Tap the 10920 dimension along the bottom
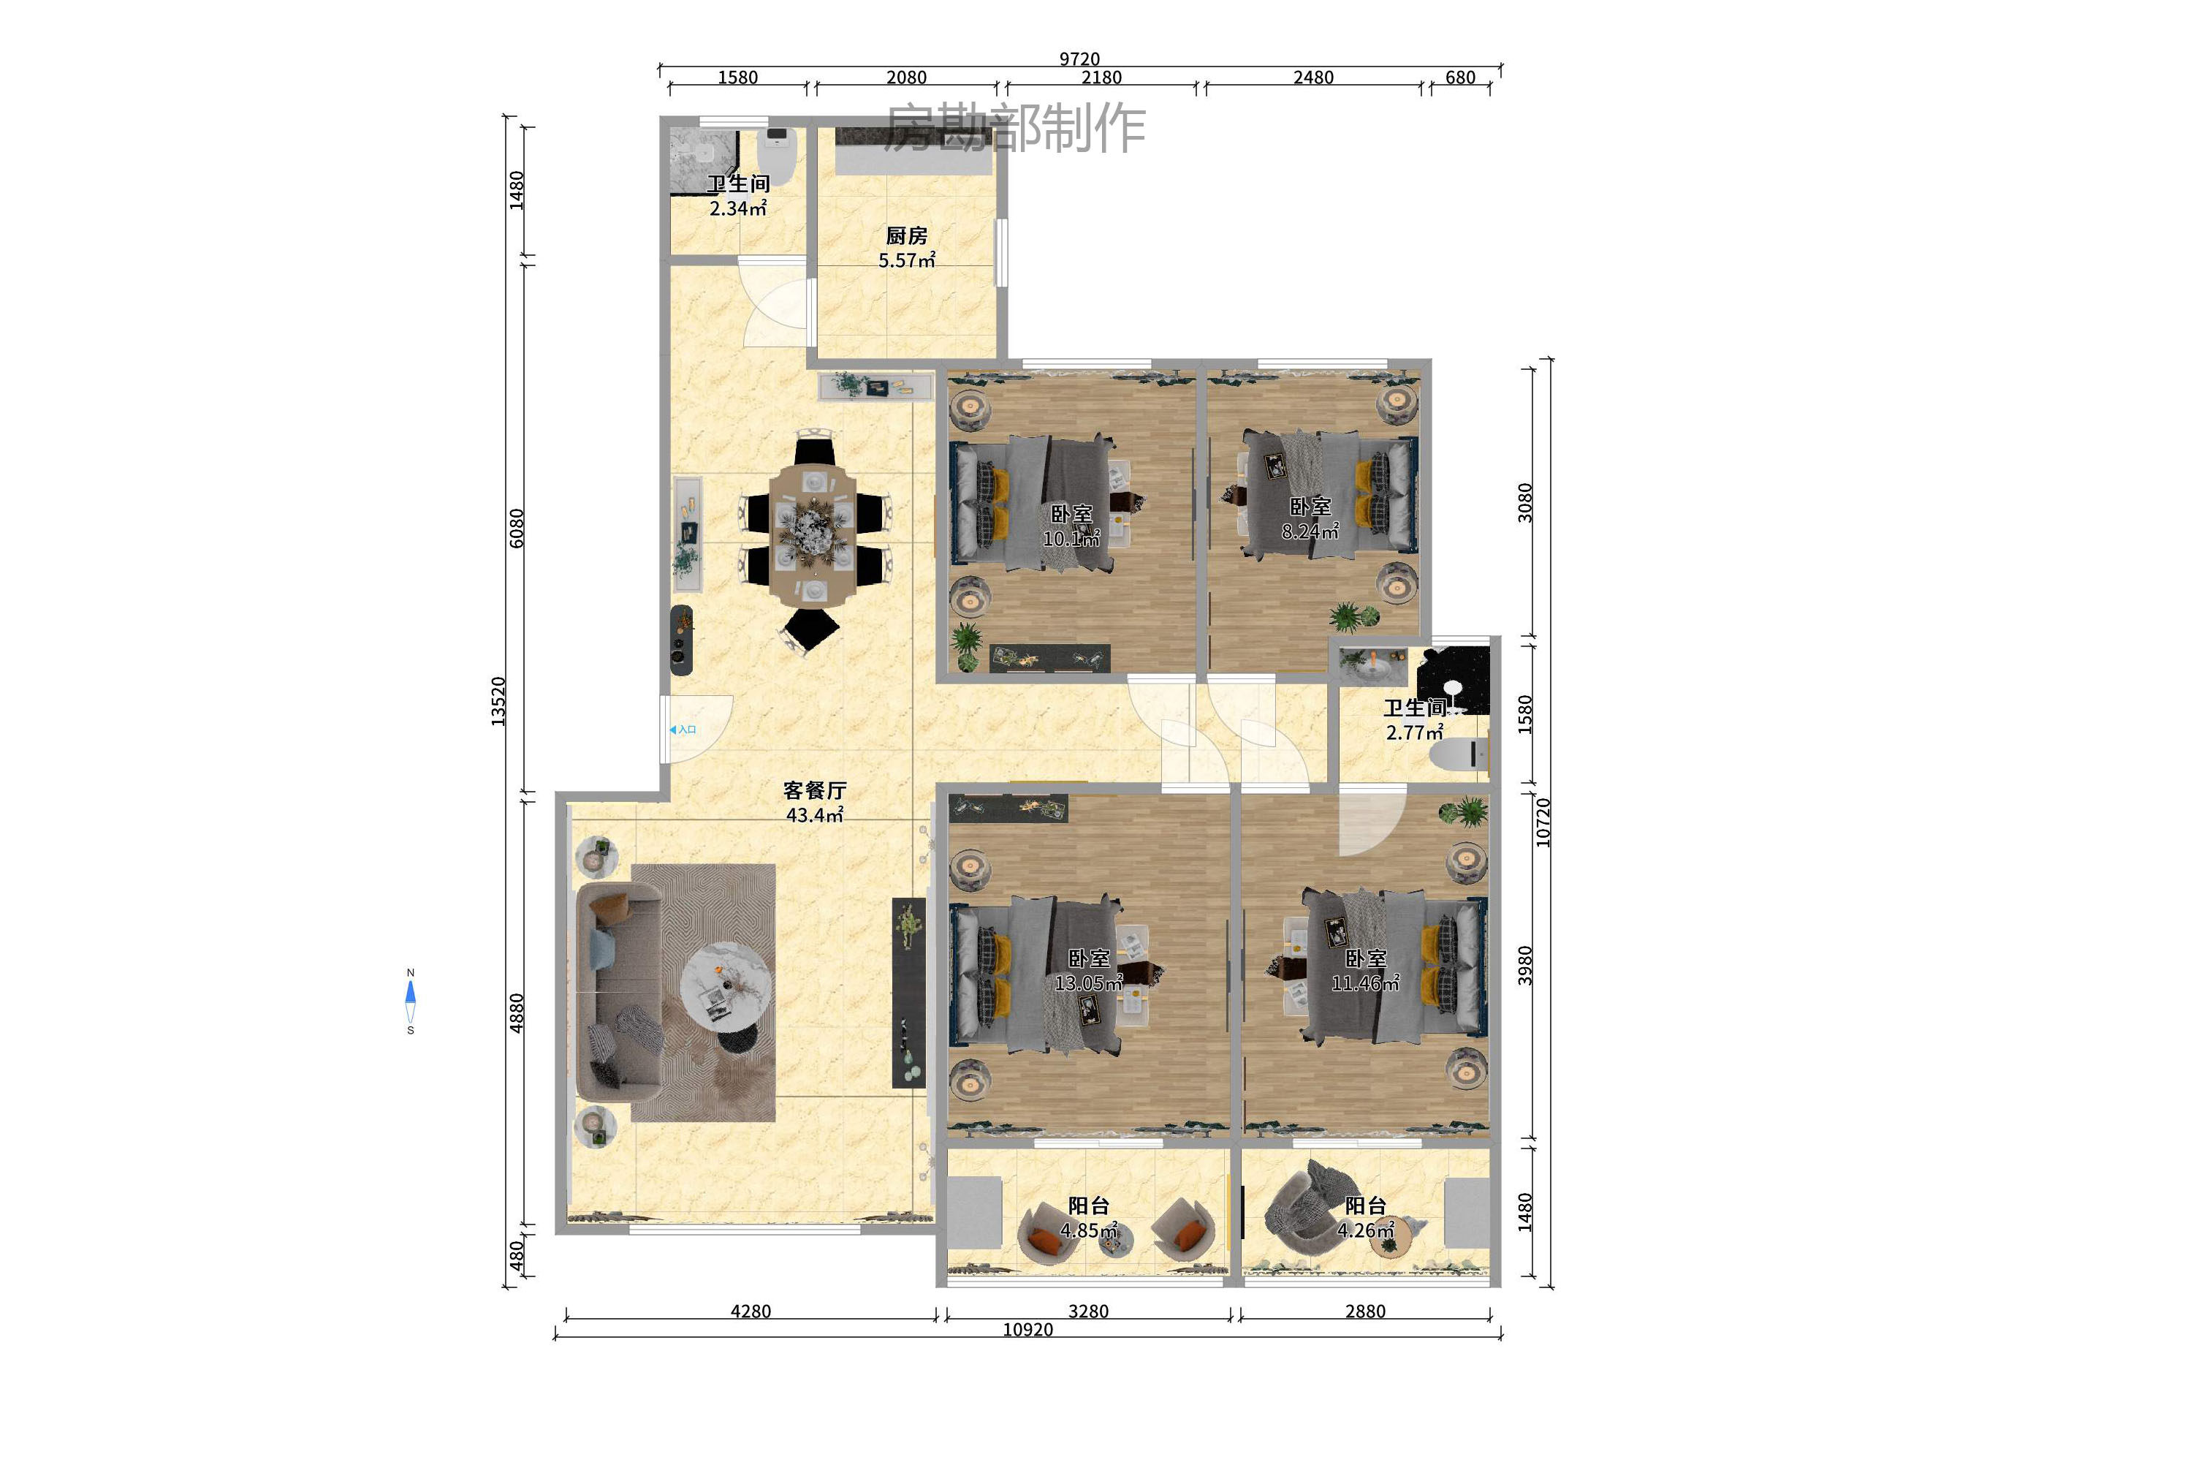tap(1027, 1330)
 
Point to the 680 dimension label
tap(1460, 77)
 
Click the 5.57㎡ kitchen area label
tap(906, 261)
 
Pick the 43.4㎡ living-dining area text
tap(815, 814)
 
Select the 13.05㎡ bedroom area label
tap(1088, 983)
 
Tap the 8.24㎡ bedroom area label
tap(1310, 531)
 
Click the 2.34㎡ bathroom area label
tap(738, 208)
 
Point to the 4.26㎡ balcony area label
tap(1366, 1230)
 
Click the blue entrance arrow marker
tap(672, 730)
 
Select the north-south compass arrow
tap(410, 1001)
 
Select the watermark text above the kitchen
tap(1014, 128)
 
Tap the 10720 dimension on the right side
tap(1543, 822)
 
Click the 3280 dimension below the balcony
tap(1088, 1311)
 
